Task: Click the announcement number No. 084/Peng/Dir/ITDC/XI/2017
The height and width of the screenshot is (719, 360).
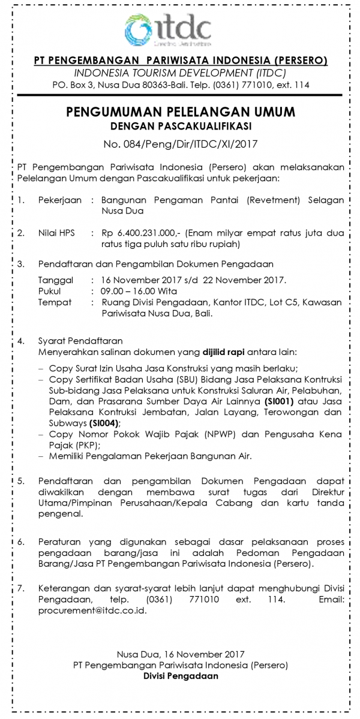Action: click(x=181, y=143)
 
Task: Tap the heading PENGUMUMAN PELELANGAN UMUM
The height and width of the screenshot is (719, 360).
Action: click(x=181, y=113)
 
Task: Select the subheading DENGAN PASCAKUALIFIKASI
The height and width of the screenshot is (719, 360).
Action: click(x=181, y=127)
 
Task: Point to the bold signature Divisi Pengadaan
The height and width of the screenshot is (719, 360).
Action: click(x=181, y=676)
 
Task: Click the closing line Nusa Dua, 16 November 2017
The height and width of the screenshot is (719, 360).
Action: click(x=181, y=654)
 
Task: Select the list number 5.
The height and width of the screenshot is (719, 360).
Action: click(x=21, y=482)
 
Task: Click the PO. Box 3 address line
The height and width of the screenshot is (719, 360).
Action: click(x=181, y=85)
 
